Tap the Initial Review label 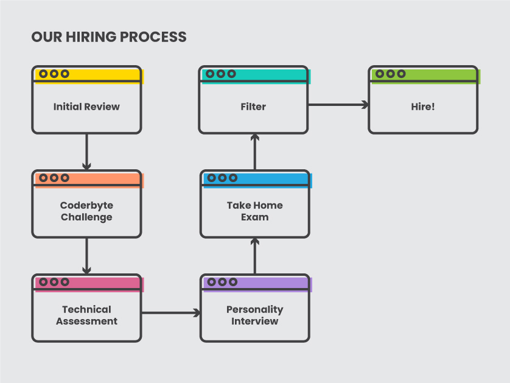tap(86, 107)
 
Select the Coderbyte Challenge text tap(86, 211)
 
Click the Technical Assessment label tap(86, 315)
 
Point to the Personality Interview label tap(254, 315)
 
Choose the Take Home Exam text tap(254, 211)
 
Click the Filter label tap(253, 107)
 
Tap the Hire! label tap(423, 107)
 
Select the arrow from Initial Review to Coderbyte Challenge tap(86, 152)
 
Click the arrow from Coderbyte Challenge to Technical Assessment tap(86, 256)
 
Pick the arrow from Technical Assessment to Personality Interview tap(171, 313)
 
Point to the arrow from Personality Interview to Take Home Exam tap(254, 256)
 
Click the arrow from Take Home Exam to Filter tap(254, 152)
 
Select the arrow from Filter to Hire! tap(338, 105)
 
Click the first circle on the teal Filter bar tap(210, 74)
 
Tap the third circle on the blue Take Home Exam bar tap(233, 178)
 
